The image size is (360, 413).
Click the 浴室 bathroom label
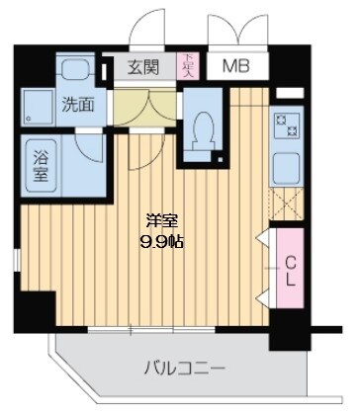pyautogui.click(x=44, y=161)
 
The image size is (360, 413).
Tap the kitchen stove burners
pyautogui.click(x=293, y=127)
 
